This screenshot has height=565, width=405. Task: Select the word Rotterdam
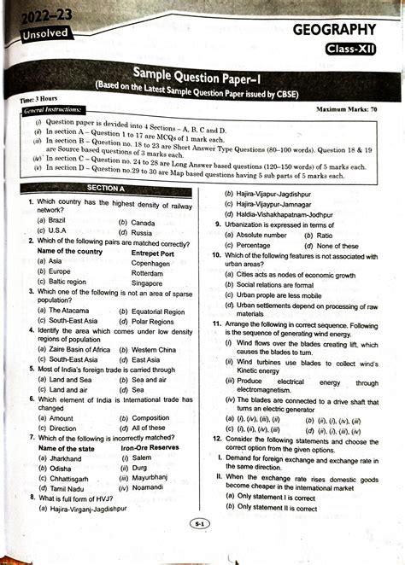(152, 272)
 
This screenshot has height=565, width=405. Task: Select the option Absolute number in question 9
(261, 234)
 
